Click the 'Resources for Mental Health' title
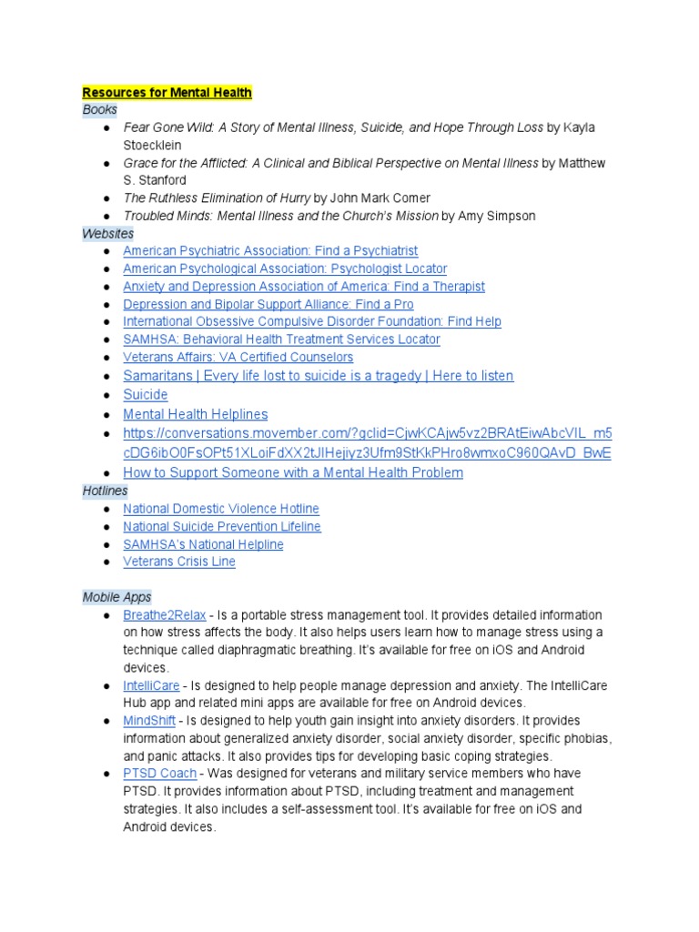coord(167,92)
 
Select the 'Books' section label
coord(100,109)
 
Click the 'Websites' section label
coord(107,234)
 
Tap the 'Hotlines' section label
coord(105,491)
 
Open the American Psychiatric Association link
coord(270,250)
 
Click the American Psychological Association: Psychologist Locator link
coord(285,268)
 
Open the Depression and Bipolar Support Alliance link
coord(268,304)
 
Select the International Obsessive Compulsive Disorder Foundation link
coord(311,321)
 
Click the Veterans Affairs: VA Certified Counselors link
coord(238,357)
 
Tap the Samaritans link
coord(318,376)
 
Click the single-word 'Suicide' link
coord(146,395)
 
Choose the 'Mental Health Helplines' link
coord(195,414)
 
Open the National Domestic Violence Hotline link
coord(220,509)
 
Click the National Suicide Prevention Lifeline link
coord(221,526)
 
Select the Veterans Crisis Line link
coord(178,562)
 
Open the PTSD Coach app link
coord(159,774)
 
